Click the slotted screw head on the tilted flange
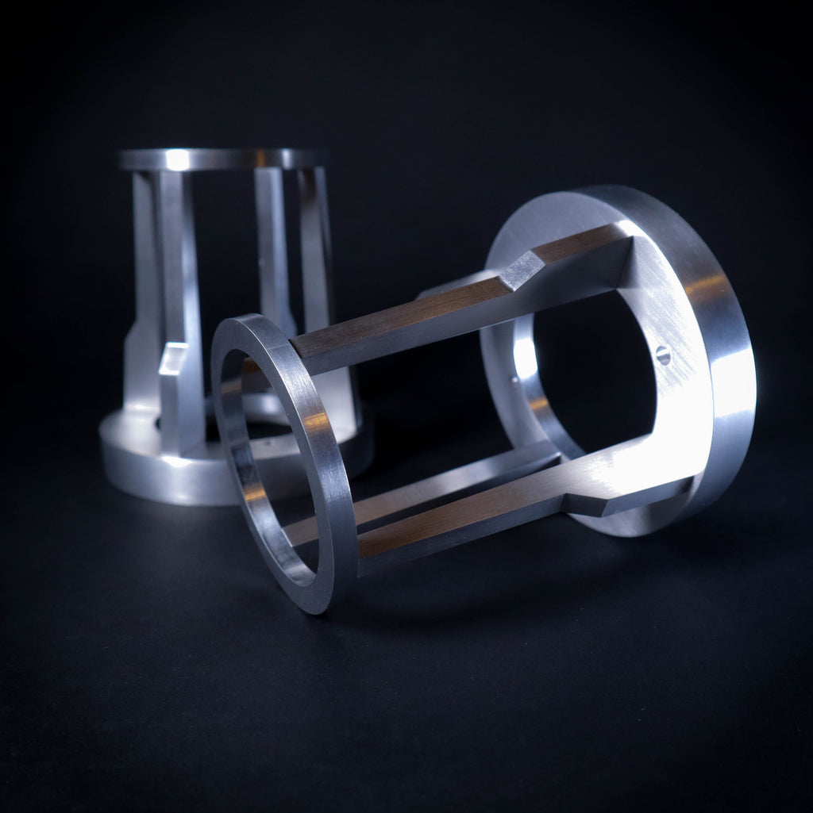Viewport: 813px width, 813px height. pyautogui.click(x=663, y=356)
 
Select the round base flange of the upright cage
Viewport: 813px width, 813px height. pyautogui.click(x=159, y=468)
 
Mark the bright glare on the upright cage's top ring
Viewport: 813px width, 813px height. pyautogui.click(x=177, y=159)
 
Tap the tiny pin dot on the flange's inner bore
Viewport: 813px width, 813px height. pyautogui.click(x=514, y=380)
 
